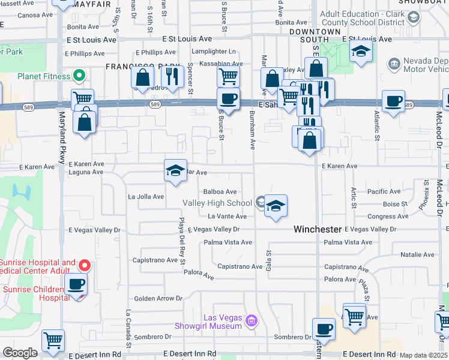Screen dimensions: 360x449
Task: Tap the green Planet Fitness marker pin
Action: [x=78, y=76]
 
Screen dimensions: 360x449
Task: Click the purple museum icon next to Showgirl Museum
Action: [x=251, y=322]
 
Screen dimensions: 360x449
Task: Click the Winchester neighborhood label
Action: [x=318, y=229]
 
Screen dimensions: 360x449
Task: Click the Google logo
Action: [x=20, y=353]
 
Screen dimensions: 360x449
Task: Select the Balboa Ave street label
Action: [x=220, y=192]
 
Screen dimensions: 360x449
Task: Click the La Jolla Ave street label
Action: [x=146, y=196]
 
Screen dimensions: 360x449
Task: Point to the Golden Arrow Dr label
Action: [x=158, y=298]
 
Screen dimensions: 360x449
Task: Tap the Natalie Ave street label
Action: [x=417, y=255]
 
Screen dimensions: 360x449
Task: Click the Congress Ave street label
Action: [x=382, y=217]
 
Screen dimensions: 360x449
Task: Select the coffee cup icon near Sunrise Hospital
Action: [x=76, y=284]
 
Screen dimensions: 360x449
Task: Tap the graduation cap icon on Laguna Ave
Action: [x=175, y=171]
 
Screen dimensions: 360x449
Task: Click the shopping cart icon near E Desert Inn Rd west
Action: [x=53, y=341]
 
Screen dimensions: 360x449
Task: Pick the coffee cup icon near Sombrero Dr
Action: [x=324, y=329]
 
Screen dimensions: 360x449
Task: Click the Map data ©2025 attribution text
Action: [x=424, y=355]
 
